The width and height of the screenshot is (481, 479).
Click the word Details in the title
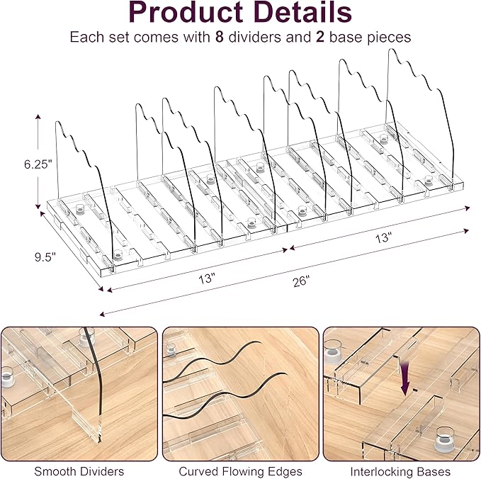point(303,12)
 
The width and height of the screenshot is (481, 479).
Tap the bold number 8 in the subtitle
point(220,37)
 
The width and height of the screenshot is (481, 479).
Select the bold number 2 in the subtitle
point(320,37)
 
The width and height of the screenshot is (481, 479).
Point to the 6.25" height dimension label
point(36,164)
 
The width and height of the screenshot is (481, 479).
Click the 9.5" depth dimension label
point(45,257)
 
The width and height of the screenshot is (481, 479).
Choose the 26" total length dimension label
point(301,281)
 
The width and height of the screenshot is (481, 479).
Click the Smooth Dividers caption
point(79,471)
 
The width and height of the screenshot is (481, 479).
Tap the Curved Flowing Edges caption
point(241,471)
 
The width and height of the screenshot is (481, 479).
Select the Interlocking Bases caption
point(400,471)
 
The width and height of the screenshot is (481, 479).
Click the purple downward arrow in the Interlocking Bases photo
point(405,378)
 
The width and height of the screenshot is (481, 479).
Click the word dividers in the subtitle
point(254,37)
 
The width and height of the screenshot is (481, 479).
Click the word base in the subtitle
point(345,37)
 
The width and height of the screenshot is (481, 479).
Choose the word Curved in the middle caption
point(199,471)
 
